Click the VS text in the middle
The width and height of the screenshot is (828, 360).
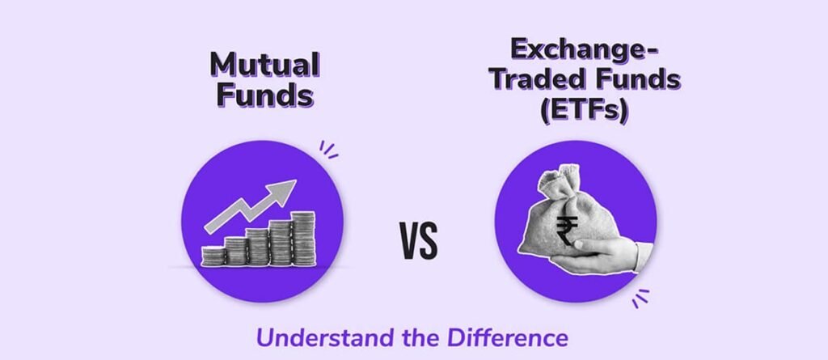coord(418,241)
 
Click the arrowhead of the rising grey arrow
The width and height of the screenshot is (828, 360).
coord(283,192)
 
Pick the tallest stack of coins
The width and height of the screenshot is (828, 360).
coord(303,239)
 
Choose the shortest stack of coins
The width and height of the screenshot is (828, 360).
coord(213,256)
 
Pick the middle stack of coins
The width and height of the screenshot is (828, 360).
coord(257,246)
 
